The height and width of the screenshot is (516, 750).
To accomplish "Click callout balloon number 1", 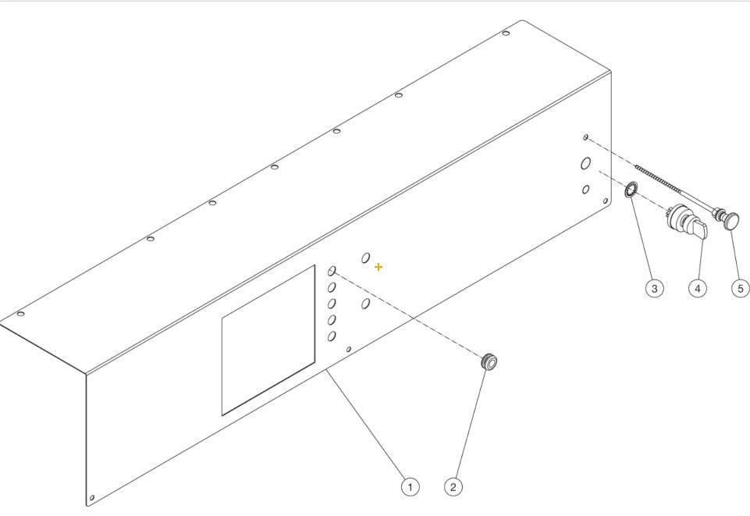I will [409, 486].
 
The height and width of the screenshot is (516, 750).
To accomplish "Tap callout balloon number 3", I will [654, 288].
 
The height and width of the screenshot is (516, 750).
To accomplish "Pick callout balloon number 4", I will [697, 288].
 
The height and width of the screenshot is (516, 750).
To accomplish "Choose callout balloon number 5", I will [740, 288].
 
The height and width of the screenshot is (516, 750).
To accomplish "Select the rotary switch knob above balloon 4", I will [687, 222].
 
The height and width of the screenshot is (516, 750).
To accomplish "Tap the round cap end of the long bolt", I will [731, 221].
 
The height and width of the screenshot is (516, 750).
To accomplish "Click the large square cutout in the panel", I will [268, 340].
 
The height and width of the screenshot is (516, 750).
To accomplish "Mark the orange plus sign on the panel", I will [379, 267].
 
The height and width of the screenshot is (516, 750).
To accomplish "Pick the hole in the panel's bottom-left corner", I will [93, 497].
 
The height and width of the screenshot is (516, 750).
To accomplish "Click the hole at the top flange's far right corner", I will [506, 33].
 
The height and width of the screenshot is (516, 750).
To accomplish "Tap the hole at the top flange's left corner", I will [21, 314].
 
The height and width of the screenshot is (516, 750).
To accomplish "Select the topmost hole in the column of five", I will [332, 271].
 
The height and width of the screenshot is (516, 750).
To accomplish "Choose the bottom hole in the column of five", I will [332, 336].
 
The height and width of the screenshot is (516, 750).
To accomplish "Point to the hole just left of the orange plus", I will [365, 258].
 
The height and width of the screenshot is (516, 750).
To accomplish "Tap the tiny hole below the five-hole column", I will [349, 349].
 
